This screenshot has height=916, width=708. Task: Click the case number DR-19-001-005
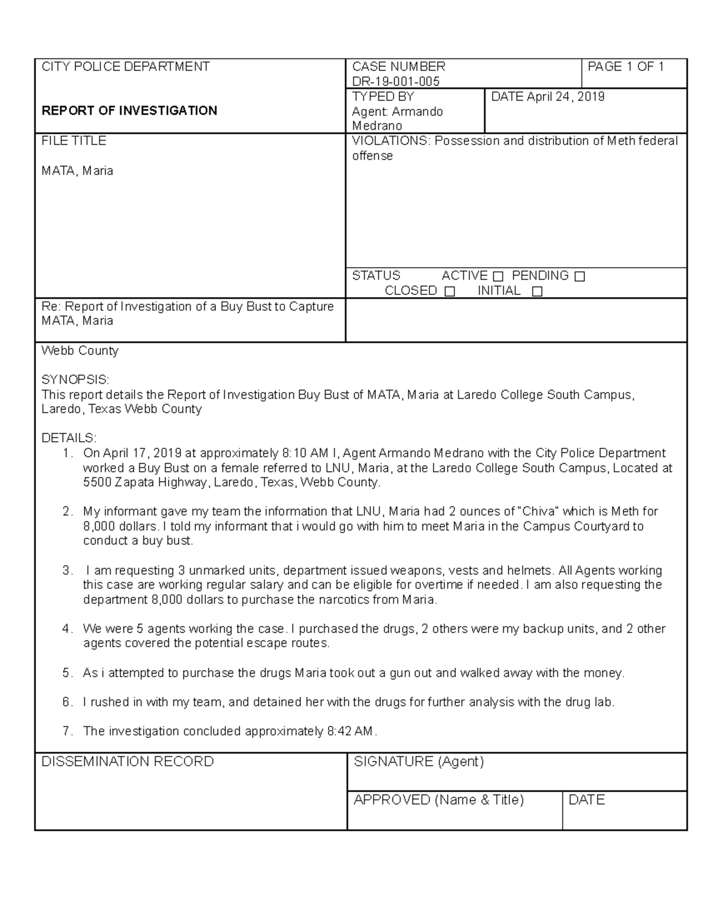pos(395,81)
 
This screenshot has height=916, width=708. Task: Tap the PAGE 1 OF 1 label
pos(625,67)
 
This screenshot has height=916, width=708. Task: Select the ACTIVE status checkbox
pos(498,276)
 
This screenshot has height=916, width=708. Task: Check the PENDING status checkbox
pos(579,276)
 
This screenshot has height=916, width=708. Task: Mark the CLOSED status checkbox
pos(450,291)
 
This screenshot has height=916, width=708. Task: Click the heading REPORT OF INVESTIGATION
pos(129,110)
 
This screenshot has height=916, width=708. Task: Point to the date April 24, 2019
pos(565,97)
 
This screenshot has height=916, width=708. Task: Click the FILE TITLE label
pos(74,140)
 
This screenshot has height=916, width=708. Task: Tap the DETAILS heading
pos(68,438)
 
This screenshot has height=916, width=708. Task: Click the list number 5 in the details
pos(67,673)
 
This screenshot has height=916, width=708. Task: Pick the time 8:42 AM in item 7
pos(349,731)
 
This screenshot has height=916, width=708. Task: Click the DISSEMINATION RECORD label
pos(127,761)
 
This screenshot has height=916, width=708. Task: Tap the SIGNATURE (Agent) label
pos(418,761)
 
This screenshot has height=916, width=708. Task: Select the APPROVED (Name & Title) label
pos(438,800)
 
